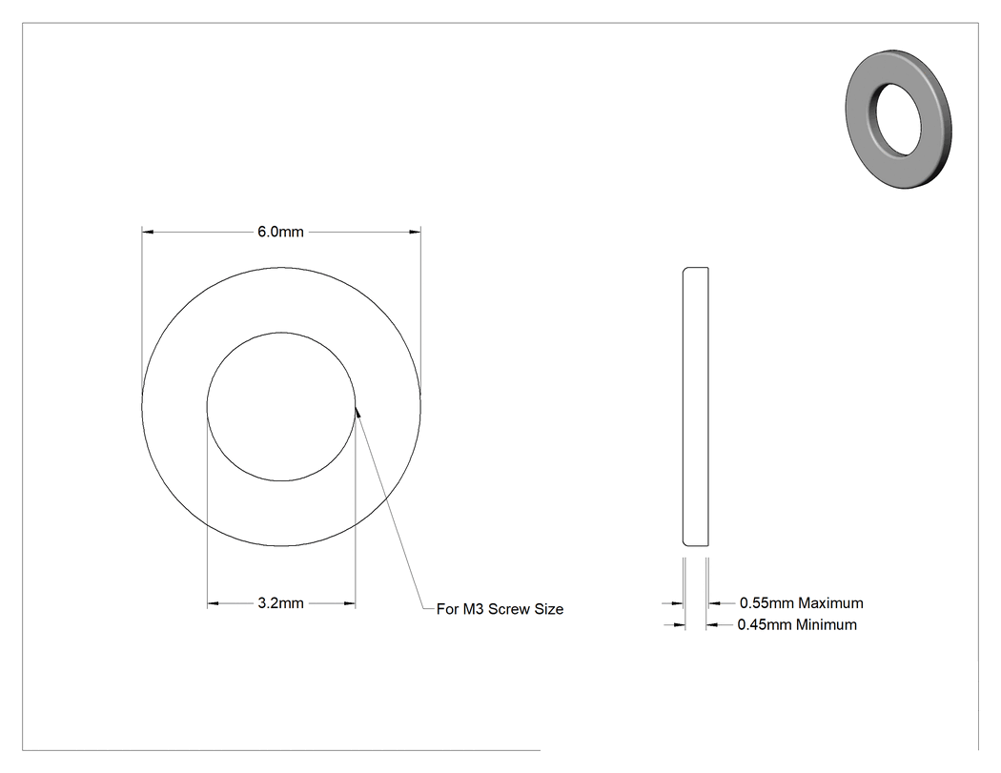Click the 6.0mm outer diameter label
click(281, 232)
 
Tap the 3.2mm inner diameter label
click(281, 603)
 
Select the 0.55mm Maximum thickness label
click(801, 602)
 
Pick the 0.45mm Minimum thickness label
click(797, 624)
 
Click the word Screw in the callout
click(509, 609)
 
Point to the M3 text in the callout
click(473, 609)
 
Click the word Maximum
click(830, 602)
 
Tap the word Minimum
click(827, 624)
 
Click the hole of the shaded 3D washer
click(899, 119)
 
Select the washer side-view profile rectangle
click(695, 407)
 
